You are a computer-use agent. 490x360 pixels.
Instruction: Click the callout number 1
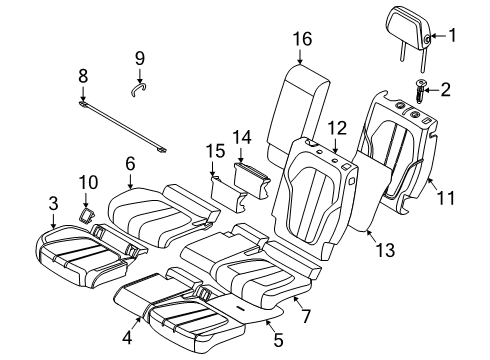tap(452, 37)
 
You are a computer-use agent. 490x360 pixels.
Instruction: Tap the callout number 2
tap(446, 90)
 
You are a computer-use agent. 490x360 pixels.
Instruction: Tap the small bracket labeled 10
tap(87, 213)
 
